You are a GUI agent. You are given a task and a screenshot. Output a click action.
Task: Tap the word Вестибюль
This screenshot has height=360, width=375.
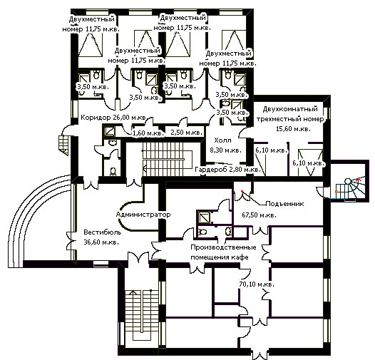[x=103, y=232]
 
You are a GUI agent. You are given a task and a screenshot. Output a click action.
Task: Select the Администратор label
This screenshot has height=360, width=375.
[x=143, y=215]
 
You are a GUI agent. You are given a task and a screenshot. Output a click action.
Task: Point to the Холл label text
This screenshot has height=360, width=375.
[x=222, y=140]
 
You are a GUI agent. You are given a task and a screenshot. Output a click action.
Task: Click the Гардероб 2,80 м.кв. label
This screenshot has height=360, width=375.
[x=227, y=170]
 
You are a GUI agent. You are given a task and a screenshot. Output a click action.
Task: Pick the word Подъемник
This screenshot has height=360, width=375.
[x=285, y=204]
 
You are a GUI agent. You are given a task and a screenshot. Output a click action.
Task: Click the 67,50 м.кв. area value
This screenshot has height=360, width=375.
[x=259, y=215]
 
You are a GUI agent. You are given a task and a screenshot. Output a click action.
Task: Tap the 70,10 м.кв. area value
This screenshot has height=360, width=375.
[x=257, y=284]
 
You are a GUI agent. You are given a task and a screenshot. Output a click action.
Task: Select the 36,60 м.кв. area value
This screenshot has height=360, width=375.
[x=101, y=242]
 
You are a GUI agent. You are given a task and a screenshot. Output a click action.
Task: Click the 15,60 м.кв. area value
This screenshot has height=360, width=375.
[x=294, y=129]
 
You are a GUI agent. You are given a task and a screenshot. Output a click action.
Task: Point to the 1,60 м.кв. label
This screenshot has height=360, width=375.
[x=148, y=133]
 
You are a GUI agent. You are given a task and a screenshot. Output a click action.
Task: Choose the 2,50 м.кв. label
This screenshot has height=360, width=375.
[x=187, y=132]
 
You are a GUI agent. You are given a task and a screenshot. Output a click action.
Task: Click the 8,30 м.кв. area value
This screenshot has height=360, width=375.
[x=225, y=150]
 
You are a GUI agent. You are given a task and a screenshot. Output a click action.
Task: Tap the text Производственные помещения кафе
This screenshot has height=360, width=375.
[x=223, y=252]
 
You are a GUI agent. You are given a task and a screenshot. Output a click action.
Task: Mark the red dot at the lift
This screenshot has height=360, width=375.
[x=242, y=191]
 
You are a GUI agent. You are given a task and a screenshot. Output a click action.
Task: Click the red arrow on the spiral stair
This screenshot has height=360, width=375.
[x=358, y=179]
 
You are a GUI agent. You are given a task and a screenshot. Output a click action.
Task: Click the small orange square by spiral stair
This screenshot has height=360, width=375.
[x=337, y=192]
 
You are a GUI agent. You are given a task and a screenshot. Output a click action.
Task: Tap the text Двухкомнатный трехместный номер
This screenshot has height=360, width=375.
[x=290, y=114]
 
